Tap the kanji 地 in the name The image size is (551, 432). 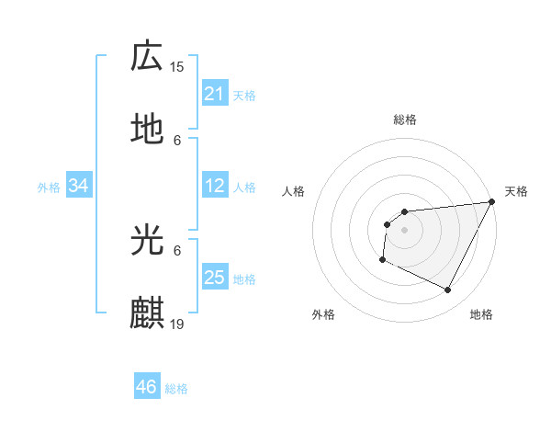tap(147, 130)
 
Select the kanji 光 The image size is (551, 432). tap(147, 240)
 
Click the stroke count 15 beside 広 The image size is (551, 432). tap(177, 66)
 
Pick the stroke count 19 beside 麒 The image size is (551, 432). tap(177, 324)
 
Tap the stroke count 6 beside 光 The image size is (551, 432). tap(177, 250)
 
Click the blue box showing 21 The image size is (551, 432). tap(214, 94)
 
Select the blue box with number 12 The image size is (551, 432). tap(214, 187)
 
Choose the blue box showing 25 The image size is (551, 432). tap(214, 278)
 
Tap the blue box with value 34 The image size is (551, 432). tap(79, 187)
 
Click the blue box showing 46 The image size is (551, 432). tap(147, 387)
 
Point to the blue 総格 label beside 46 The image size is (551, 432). tap(176, 389)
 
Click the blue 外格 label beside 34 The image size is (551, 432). tap(49, 188)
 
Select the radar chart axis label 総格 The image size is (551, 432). tap(404, 119)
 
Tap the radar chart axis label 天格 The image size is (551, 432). tap(516, 191)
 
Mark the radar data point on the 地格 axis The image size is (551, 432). tap(448, 290)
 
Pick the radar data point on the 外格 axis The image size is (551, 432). tap(382, 260)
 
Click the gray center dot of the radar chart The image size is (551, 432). tap(404, 230)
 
